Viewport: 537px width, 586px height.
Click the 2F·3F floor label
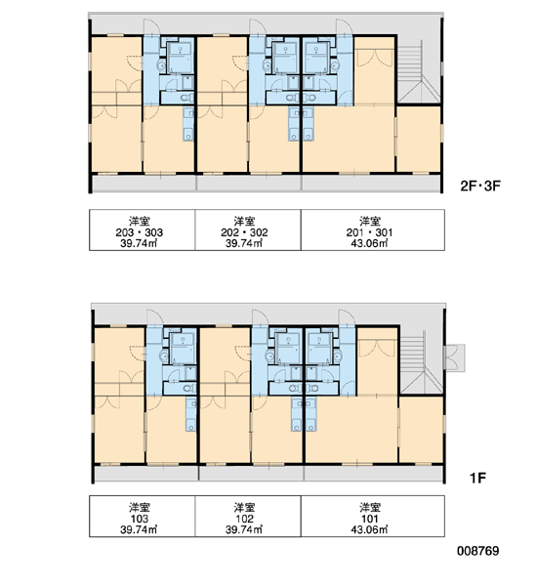pyautogui.click(x=479, y=186)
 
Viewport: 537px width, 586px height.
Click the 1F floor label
pyautogui.click(x=477, y=478)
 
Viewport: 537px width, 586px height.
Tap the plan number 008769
pyautogui.click(x=478, y=551)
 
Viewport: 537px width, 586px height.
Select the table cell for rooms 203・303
pyautogui.click(x=142, y=230)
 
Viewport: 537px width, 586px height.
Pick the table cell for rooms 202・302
pyautogui.click(x=248, y=230)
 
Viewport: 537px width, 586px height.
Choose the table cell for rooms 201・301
pyautogui.click(x=373, y=230)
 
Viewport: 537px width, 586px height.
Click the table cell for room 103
pyautogui.click(x=142, y=516)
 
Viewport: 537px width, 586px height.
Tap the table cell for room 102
pyautogui.click(x=248, y=516)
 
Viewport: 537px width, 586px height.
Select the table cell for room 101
pyautogui.click(x=373, y=516)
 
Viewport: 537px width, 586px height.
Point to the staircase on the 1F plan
pyautogui.click(x=422, y=361)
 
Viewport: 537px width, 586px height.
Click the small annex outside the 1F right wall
pyautogui.click(x=455, y=357)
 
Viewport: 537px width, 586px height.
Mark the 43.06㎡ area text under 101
pyautogui.click(x=369, y=529)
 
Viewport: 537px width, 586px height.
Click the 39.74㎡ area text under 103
pyautogui.click(x=139, y=529)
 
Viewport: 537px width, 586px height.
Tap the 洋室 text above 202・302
pyautogui.click(x=244, y=221)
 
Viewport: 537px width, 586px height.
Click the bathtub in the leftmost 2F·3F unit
pyautogui.click(x=180, y=59)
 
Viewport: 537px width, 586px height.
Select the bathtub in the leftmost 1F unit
pyautogui.click(x=183, y=349)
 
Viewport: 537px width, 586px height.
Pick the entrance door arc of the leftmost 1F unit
pyautogui.click(x=154, y=317)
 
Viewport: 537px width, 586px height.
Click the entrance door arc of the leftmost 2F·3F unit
pyautogui.click(x=151, y=27)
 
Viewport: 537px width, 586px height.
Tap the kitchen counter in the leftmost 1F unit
pyautogui.click(x=191, y=414)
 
